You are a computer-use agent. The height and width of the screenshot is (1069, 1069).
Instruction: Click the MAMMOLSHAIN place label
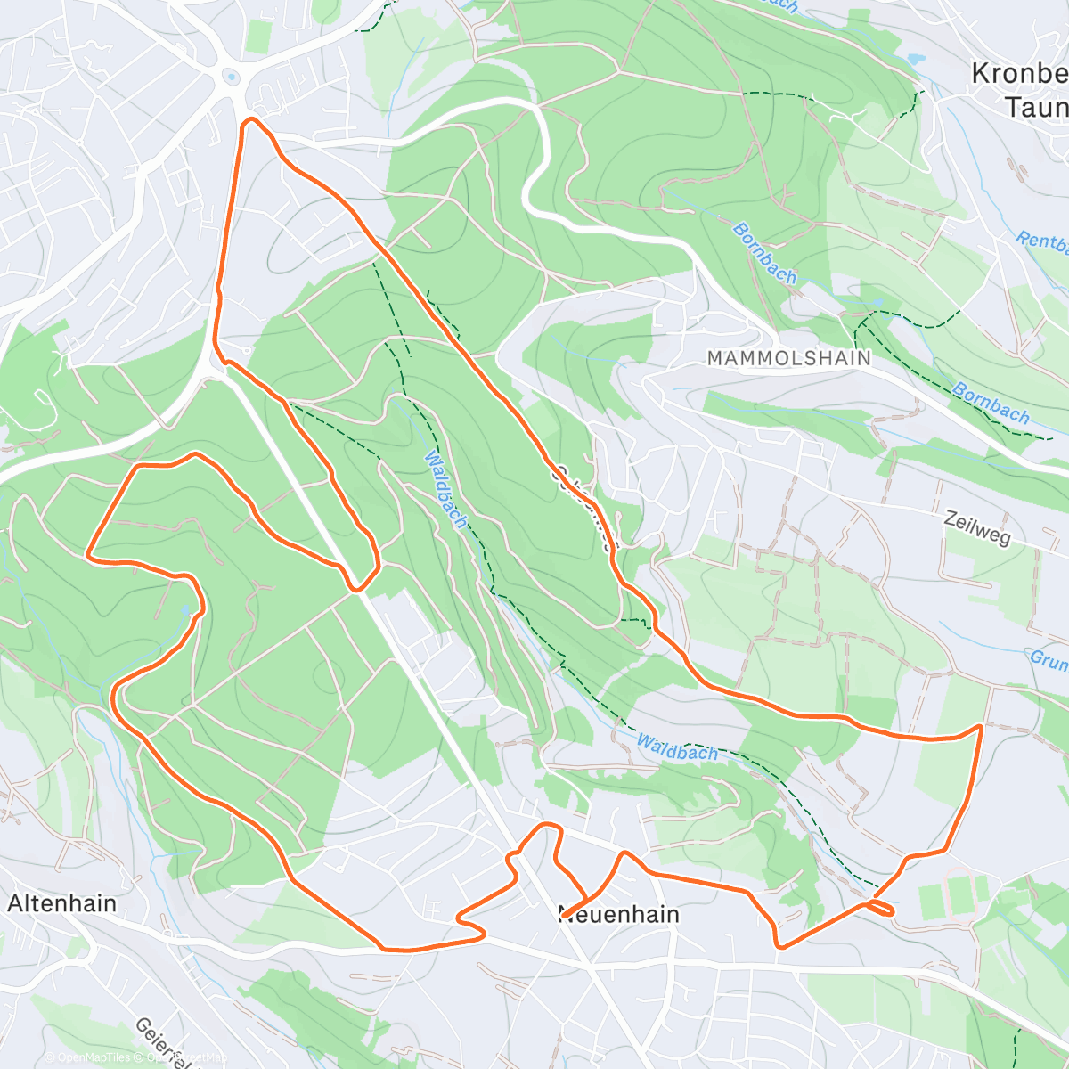click(788, 358)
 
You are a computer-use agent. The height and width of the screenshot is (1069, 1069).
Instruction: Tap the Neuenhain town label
click(619, 915)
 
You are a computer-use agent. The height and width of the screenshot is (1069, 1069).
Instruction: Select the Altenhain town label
click(61, 903)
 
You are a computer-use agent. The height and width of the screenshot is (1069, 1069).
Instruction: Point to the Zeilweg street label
click(977, 529)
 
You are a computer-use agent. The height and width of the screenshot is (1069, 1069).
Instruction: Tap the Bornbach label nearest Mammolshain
click(763, 253)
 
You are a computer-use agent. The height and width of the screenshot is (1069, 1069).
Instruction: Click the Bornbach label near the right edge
click(991, 403)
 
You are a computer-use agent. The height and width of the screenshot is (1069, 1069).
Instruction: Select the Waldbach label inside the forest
click(445, 489)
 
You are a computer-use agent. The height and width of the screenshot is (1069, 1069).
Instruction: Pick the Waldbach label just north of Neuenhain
click(677, 748)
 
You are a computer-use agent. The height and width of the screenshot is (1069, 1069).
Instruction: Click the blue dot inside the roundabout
click(232, 78)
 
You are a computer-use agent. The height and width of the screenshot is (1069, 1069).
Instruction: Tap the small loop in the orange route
click(879, 907)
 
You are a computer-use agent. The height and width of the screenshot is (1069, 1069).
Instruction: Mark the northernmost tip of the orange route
click(252, 118)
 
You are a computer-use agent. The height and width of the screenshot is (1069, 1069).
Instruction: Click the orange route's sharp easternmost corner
click(981, 727)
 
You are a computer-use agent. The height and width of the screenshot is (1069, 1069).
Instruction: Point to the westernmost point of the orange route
click(87, 555)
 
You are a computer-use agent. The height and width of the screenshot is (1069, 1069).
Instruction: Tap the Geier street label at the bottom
click(165, 1042)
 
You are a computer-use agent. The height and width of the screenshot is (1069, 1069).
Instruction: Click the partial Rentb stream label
click(1042, 241)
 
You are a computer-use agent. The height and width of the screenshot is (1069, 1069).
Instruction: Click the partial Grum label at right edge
click(1049, 659)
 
